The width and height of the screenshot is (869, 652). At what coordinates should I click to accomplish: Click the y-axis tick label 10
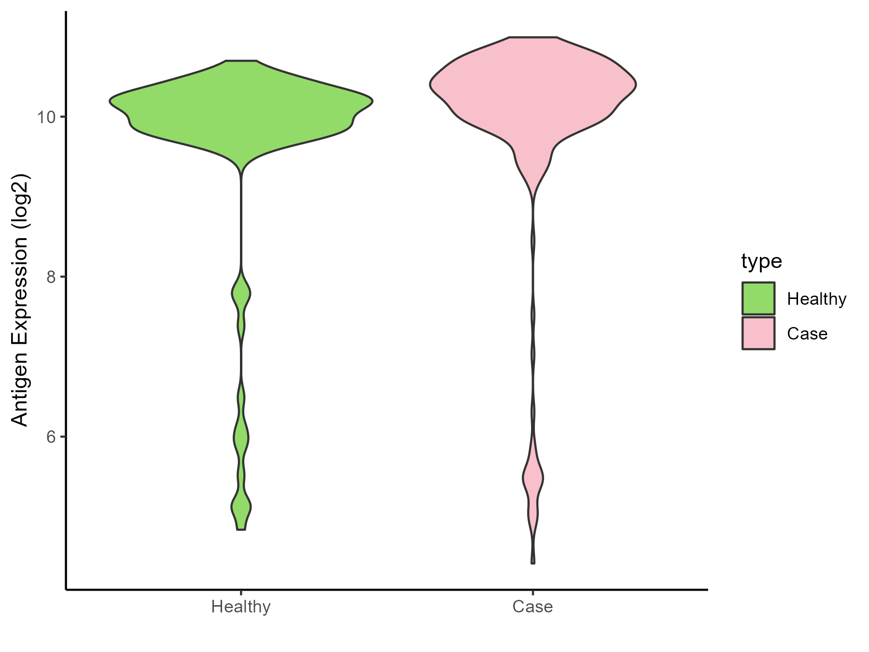pyautogui.click(x=44, y=117)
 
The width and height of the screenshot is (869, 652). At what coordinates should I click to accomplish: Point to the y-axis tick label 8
pyautogui.click(x=50, y=277)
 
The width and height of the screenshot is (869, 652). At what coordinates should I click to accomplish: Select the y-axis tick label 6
pyautogui.click(x=50, y=437)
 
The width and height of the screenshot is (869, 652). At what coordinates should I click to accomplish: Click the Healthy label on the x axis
pyautogui.click(x=241, y=607)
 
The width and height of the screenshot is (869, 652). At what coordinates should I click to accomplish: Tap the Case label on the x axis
pyautogui.click(x=533, y=607)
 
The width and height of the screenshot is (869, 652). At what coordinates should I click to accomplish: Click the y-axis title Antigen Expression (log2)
pyautogui.click(x=20, y=299)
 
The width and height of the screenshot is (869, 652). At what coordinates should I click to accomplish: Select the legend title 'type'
pyautogui.click(x=761, y=261)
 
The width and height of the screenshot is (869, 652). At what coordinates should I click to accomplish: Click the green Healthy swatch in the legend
pyautogui.click(x=758, y=298)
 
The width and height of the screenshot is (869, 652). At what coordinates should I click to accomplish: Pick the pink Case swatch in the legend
pyautogui.click(x=758, y=333)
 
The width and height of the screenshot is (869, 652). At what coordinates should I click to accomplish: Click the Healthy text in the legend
pyautogui.click(x=816, y=299)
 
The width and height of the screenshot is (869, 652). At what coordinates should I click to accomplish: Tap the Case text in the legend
pyautogui.click(x=807, y=334)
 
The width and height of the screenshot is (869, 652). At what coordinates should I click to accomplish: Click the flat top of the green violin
pyautogui.click(x=241, y=61)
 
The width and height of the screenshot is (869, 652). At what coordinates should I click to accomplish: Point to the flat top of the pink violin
pyautogui.click(x=533, y=37)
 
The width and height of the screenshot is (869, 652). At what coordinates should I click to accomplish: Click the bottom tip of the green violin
pyautogui.click(x=241, y=529)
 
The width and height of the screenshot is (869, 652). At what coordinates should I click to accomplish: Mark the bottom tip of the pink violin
pyautogui.click(x=533, y=563)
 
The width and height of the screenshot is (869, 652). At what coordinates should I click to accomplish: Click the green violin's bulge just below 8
pyautogui.click(x=241, y=293)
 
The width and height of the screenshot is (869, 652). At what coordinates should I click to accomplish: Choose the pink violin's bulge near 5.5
pyautogui.click(x=533, y=479)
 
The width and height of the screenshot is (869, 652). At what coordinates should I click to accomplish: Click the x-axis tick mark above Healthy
pyautogui.click(x=241, y=593)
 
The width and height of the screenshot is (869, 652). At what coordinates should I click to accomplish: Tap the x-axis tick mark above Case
pyautogui.click(x=533, y=593)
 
